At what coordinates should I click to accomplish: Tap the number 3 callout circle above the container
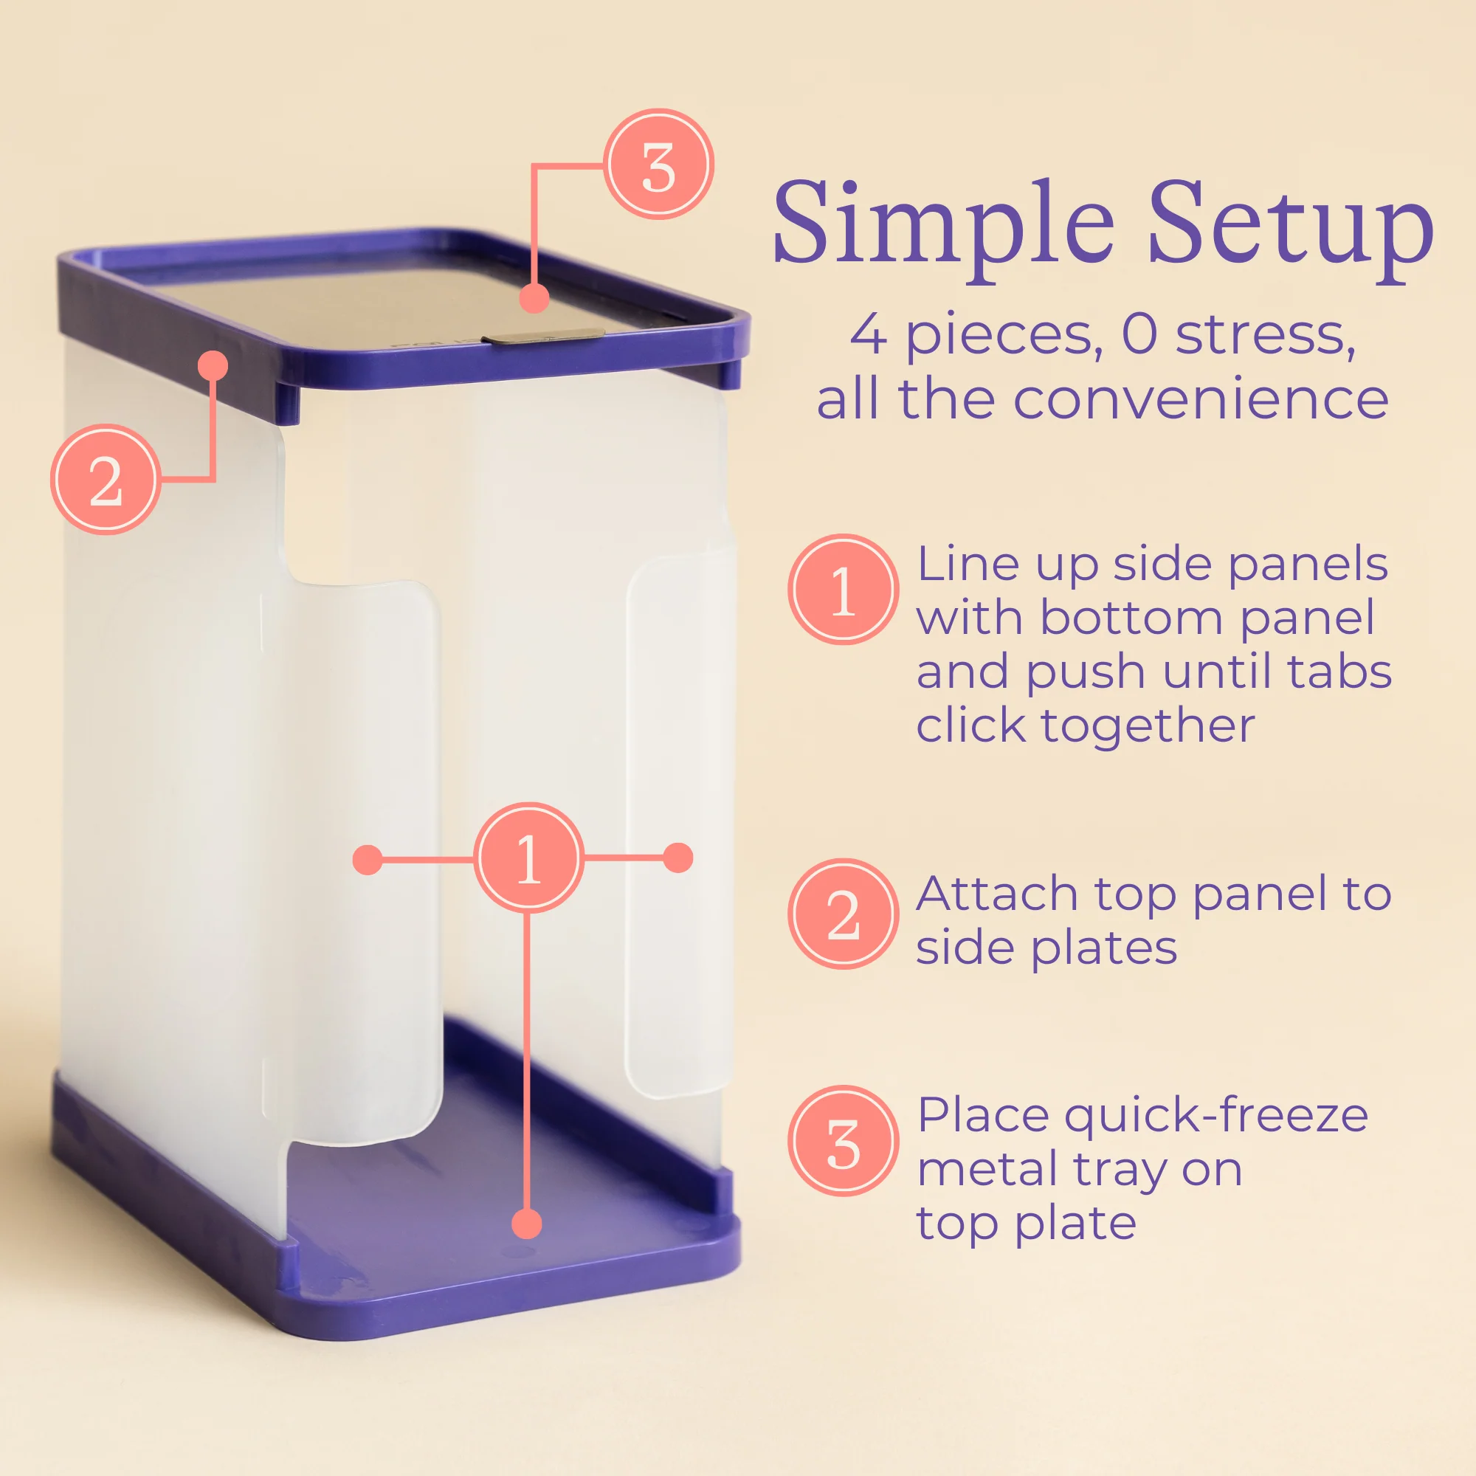coord(658,165)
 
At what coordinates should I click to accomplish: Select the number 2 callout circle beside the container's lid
coord(106,479)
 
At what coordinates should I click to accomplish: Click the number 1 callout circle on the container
coord(528,858)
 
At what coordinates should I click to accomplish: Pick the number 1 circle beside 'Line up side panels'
coord(843,589)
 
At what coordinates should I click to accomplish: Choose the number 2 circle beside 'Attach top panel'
coord(843,914)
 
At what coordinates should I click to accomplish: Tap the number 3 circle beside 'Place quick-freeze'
coord(843,1141)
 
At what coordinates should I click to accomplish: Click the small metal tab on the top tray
coord(547,335)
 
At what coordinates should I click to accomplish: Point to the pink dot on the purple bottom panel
coord(526,1224)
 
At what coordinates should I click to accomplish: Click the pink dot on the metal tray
coord(534,297)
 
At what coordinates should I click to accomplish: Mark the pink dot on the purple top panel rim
coord(213,365)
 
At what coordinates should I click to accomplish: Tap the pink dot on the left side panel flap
coord(368,860)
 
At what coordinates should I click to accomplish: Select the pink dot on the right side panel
coord(677,857)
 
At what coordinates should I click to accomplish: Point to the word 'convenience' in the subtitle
coord(1200,399)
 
